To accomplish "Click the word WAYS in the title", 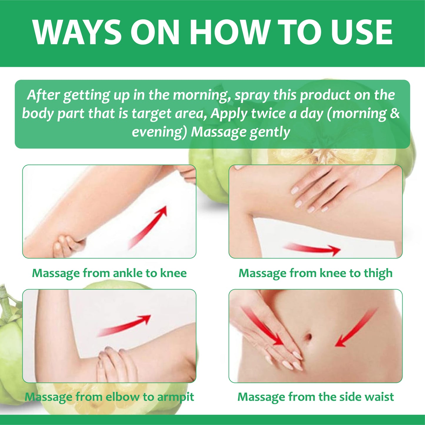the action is (77, 33).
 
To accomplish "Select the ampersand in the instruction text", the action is (394, 113).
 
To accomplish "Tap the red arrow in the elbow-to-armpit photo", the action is (124, 326).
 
